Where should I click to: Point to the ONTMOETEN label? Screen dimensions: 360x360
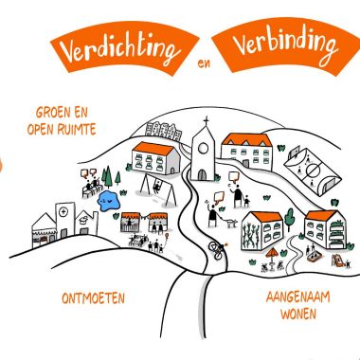point(94,298)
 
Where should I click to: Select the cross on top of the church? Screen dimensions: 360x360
point(203,122)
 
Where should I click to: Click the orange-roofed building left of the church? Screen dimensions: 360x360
point(155,155)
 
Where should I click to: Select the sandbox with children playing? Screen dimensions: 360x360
point(312,255)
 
